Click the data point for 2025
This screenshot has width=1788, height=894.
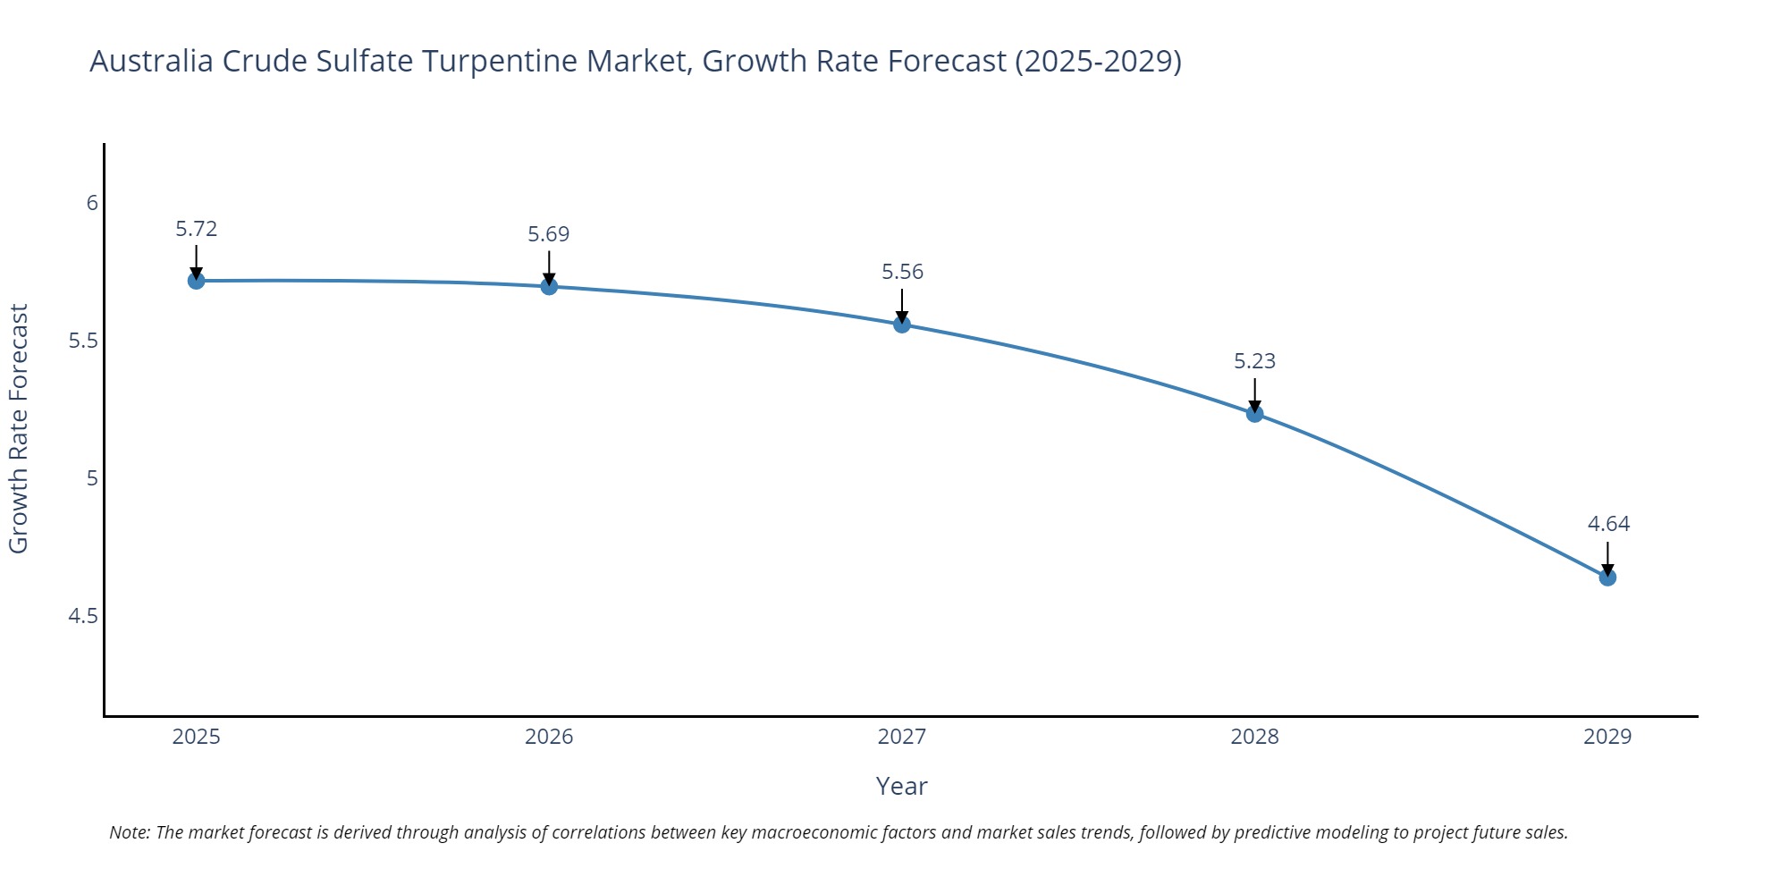click(x=196, y=281)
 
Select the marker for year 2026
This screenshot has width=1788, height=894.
click(x=549, y=286)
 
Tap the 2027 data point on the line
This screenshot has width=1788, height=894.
click(x=902, y=325)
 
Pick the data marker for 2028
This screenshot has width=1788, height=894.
click(x=1254, y=413)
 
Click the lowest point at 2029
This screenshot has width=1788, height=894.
click(x=1607, y=578)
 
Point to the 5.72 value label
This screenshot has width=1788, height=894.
click(x=196, y=229)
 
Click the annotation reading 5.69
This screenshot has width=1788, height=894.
click(x=548, y=234)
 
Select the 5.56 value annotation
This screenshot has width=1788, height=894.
click(x=902, y=272)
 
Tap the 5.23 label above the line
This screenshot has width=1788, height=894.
click(x=1254, y=361)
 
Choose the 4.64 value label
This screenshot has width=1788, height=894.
click(x=1608, y=524)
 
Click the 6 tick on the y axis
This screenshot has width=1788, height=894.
click(x=92, y=203)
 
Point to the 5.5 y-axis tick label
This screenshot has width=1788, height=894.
click(x=83, y=341)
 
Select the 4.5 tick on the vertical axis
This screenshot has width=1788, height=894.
click(x=83, y=616)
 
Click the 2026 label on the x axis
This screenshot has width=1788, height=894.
click(x=549, y=737)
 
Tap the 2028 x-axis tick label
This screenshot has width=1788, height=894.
click(x=1254, y=737)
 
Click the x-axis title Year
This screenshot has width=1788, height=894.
click(x=901, y=786)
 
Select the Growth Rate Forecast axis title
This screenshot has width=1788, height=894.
click(x=19, y=428)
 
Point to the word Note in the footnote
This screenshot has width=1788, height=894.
click(x=129, y=832)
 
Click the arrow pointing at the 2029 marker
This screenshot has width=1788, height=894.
click(x=1607, y=558)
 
